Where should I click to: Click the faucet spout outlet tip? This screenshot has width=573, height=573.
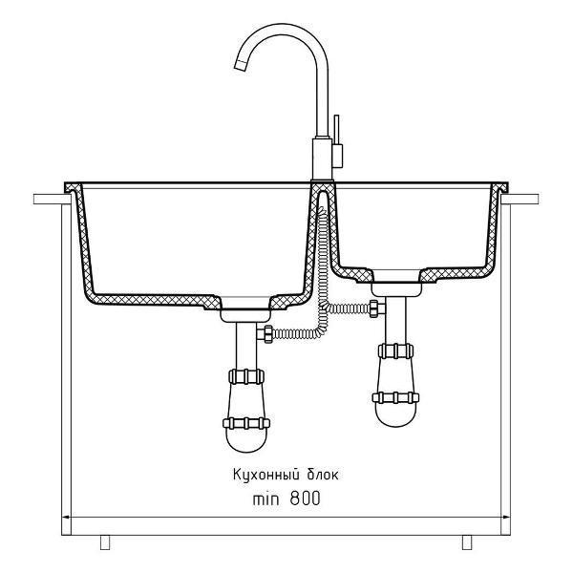coord(241,65)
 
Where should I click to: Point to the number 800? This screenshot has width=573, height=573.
coord(306,499)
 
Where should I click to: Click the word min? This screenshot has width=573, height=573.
coord(265,499)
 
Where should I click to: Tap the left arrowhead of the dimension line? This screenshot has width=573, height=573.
coord(67,517)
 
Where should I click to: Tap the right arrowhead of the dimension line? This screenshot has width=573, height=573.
coord(505,517)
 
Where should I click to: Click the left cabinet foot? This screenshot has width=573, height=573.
coord(105,542)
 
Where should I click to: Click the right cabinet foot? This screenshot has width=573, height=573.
coord(467,542)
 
